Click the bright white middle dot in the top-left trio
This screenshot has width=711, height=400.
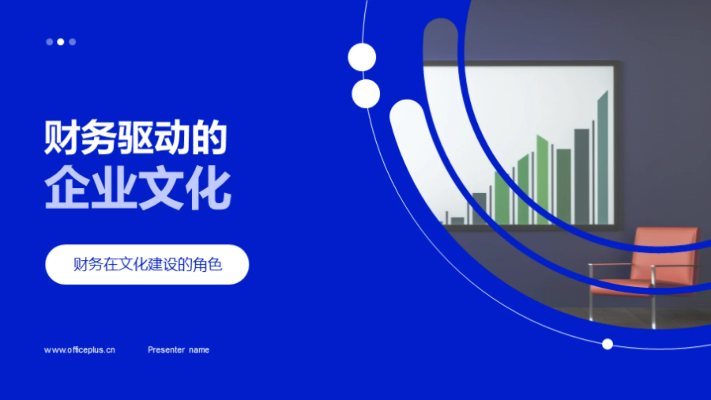point(61,42)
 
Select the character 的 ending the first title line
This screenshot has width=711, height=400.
point(209,137)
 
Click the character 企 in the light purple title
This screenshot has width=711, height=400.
point(67,188)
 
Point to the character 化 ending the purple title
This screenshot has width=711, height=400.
point(209,188)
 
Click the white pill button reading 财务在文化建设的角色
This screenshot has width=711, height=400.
point(147,265)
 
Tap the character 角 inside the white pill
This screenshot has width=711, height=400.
point(200,265)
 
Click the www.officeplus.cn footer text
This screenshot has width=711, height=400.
point(80,350)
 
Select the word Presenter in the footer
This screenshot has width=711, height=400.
point(166,350)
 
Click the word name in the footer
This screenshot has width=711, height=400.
point(199,350)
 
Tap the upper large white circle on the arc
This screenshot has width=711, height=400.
point(362,57)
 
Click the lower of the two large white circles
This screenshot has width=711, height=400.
point(366,93)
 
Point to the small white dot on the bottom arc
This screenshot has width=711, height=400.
point(607,344)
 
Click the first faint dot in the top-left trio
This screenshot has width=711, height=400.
point(49,42)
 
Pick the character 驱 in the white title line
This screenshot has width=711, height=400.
point(136,137)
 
